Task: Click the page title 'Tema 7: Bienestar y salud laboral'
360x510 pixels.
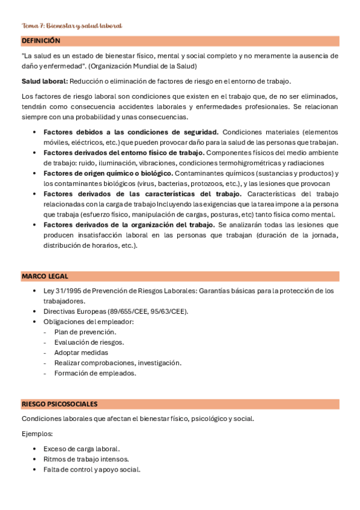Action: [72, 26]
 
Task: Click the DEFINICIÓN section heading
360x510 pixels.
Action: [41, 41]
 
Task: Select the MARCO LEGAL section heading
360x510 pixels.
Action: [45, 276]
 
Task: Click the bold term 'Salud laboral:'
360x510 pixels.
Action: [44, 81]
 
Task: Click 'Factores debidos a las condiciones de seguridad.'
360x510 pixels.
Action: [130, 132]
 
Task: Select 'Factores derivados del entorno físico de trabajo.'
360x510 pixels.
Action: [130, 153]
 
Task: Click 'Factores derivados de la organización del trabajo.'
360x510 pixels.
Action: [129, 224]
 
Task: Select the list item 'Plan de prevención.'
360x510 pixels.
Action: [85, 332]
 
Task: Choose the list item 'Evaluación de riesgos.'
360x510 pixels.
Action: [89, 342]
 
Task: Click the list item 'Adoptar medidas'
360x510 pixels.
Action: [81, 352]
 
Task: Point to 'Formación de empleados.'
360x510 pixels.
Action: [95, 373]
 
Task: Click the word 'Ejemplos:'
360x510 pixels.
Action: [37, 433]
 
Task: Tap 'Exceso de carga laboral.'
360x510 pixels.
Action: [82, 449]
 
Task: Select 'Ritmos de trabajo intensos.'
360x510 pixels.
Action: [86, 459]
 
